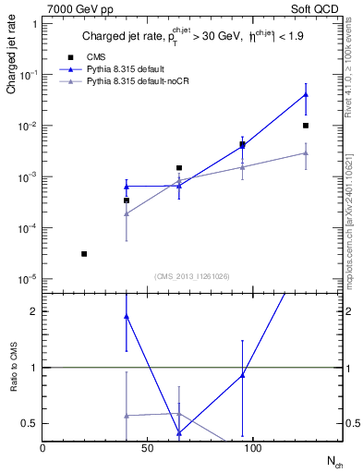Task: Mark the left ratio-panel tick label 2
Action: [34, 311]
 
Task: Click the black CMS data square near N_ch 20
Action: [84, 253]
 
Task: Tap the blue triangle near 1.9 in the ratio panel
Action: [127, 316]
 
